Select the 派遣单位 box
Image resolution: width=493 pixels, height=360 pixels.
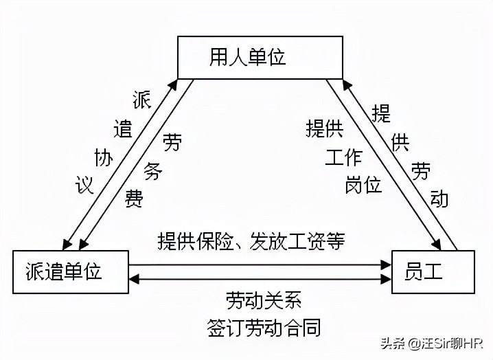(71, 273)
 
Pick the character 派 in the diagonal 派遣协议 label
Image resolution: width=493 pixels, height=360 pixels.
(141, 100)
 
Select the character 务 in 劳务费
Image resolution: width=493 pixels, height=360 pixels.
(153, 170)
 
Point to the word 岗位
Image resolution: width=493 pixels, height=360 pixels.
(363, 184)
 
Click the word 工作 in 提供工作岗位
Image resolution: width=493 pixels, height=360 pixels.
(343, 157)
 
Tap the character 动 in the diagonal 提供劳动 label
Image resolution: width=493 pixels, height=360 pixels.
(439, 198)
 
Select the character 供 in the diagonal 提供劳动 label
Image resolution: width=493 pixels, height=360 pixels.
(400, 142)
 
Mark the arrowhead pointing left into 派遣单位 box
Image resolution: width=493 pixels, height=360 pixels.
(135, 278)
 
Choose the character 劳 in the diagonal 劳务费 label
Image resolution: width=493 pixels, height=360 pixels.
(172, 142)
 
